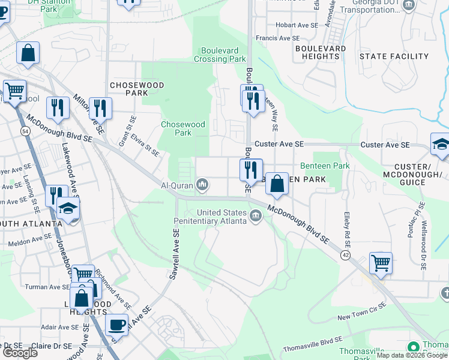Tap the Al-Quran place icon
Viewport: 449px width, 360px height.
tap(203, 184)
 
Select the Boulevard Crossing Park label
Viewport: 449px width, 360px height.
tap(220, 55)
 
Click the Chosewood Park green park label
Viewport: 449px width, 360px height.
tap(183, 128)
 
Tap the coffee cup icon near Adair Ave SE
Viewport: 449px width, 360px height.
tap(117, 325)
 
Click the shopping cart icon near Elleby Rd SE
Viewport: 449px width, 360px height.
tap(381, 262)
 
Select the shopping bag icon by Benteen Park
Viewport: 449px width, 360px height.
tap(277, 183)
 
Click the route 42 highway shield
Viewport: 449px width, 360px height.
tap(345, 255)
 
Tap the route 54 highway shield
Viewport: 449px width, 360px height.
tap(25, 130)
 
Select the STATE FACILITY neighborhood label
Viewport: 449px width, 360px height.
tap(394, 56)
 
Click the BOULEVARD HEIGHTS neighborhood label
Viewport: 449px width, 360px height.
tap(321, 52)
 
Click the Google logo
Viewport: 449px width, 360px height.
tap(20, 353)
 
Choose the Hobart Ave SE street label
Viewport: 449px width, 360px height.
tap(297, 25)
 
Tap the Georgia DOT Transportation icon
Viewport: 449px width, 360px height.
tap(409, 6)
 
